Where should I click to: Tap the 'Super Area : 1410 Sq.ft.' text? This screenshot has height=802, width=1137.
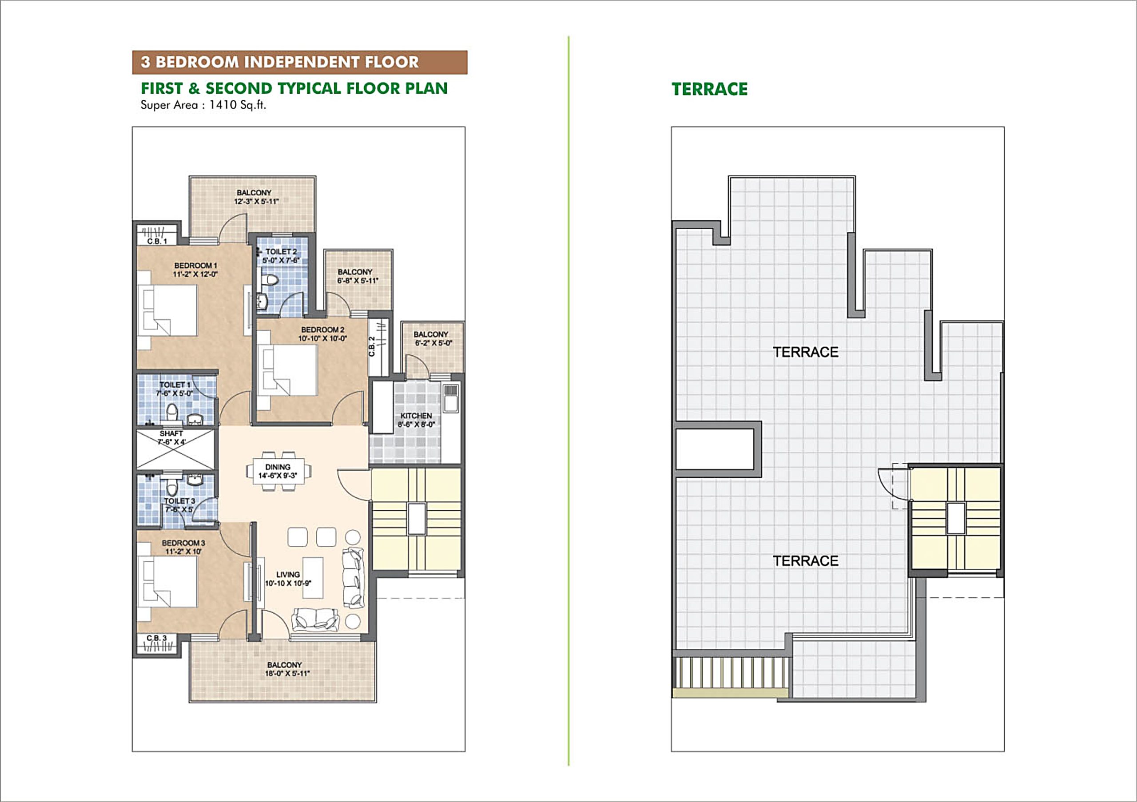click(x=203, y=105)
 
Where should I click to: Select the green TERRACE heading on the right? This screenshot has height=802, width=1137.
click(x=709, y=89)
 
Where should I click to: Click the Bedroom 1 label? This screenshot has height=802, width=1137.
click(x=195, y=266)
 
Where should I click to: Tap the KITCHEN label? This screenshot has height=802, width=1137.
click(x=416, y=416)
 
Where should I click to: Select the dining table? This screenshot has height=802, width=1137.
click(x=278, y=471)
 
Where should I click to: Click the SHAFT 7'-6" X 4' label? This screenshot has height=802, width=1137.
click(x=171, y=437)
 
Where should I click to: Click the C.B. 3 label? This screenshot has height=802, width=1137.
click(x=156, y=638)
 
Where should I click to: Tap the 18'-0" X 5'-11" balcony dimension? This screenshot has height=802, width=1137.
click(x=287, y=674)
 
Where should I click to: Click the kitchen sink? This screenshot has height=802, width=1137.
click(x=450, y=398)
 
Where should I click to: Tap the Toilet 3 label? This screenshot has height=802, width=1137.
click(x=179, y=501)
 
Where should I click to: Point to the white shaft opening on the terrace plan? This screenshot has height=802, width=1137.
click(x=714, y=449)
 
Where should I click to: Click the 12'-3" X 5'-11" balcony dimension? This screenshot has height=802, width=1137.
click(x=256, y=202)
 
